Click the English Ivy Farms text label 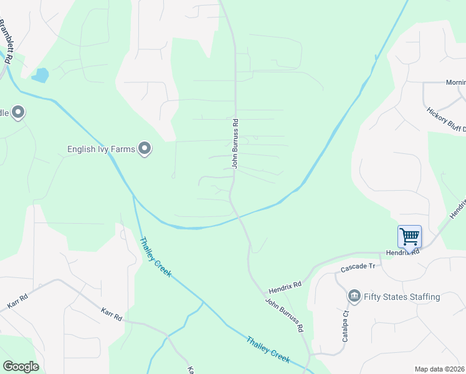click(102, 149)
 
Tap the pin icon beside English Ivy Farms click(145, 148)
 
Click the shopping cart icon click(409, 237)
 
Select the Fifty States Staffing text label click(402, 297)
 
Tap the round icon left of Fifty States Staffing click(354, 295)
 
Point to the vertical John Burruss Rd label click(235, 143)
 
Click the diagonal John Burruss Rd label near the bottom click(284, 315)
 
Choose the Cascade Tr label click(358, 267)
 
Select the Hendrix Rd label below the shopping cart click(404, 253)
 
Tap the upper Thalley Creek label click(155, 257)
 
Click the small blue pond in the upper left click(40, 76)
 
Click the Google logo click(21, 367)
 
